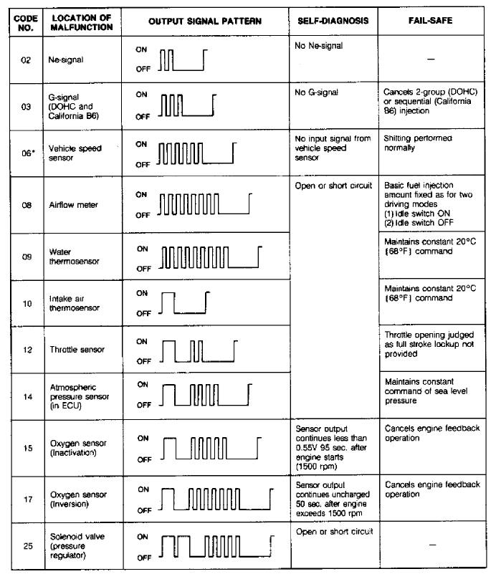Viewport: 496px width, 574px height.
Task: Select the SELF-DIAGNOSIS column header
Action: click(x=333, y=21)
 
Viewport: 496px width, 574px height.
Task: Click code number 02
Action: click(x=26, y=60)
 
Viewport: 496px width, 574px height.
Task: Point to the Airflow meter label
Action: click(x=74, y=205)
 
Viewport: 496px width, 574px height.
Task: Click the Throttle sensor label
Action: click(x=77, y=350)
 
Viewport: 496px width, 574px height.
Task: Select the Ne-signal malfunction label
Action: click(x=66, y=60)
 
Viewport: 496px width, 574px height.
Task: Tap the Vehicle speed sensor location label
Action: click(x=75, y=153)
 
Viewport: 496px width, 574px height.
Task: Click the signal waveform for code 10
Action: click(x=182, y=303)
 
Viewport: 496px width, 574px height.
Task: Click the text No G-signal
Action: click(x=316, y=92)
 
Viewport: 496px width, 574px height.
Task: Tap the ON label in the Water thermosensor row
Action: click(x=142, y=249)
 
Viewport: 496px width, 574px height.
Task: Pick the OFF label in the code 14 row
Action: click(x=143, y=405)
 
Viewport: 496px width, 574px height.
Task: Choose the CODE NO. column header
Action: click(x=26, y=21)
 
